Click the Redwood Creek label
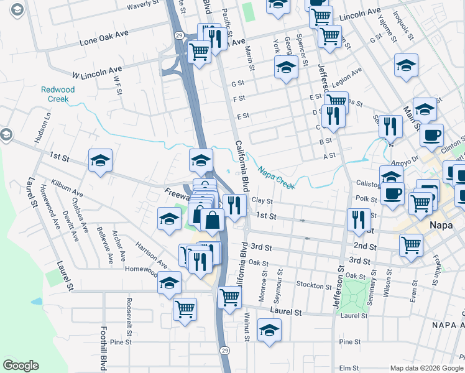58,94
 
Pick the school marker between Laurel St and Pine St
269,329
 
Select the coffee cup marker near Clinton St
431,135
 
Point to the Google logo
21,366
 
